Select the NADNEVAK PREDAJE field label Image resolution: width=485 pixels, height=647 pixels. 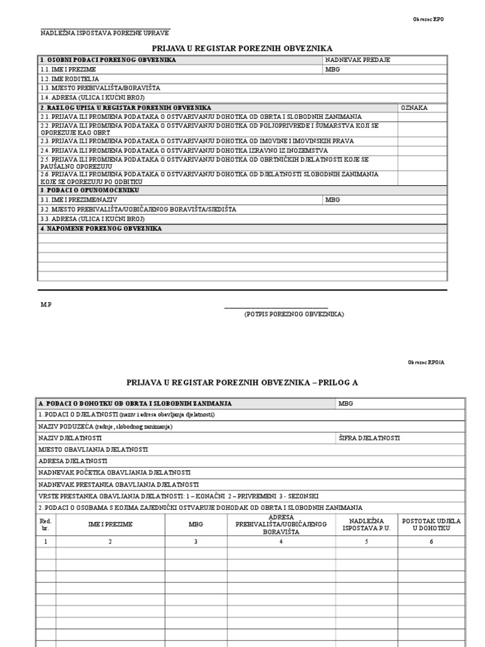pyautogui.click(x=357, y=60)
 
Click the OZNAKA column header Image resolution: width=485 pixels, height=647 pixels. pyautogui.click(x=414, y=108)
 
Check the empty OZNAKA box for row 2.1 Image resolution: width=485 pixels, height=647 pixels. pyautogui.click(x=422, y=117)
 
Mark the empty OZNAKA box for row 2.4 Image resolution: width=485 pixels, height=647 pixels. pyautogui.click(x=422, y=151)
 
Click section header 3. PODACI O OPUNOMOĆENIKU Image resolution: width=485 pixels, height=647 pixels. pyautogui.click(x=90, y=190)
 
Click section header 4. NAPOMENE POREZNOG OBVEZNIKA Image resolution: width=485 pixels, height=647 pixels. pyautogui.click(x=101, y=229)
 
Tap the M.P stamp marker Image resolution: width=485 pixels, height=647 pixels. pyautogui.click(x=46, y=305)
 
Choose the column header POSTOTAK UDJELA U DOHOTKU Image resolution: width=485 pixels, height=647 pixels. pyautogui.click(x=432, y=524)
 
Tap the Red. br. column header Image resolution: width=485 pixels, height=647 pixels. pyautogui.click(x=46, y=524)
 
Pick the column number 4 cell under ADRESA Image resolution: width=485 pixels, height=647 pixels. pyautogui.click(x=280, y=541)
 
